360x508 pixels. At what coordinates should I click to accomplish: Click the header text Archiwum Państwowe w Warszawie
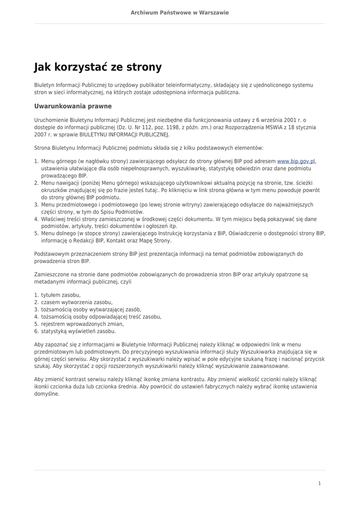tap(180, 12)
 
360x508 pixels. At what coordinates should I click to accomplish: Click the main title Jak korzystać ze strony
tap(98, 67)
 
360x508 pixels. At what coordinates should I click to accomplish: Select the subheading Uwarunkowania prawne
tap(72, 106)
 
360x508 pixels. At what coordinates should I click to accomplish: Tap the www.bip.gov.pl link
tap(296, 161)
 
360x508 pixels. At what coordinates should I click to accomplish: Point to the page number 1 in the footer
tap(319, 483)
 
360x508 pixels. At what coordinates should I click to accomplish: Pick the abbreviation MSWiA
tap(257, 127)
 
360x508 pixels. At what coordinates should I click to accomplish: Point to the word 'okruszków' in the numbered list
tap(55, 190)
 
